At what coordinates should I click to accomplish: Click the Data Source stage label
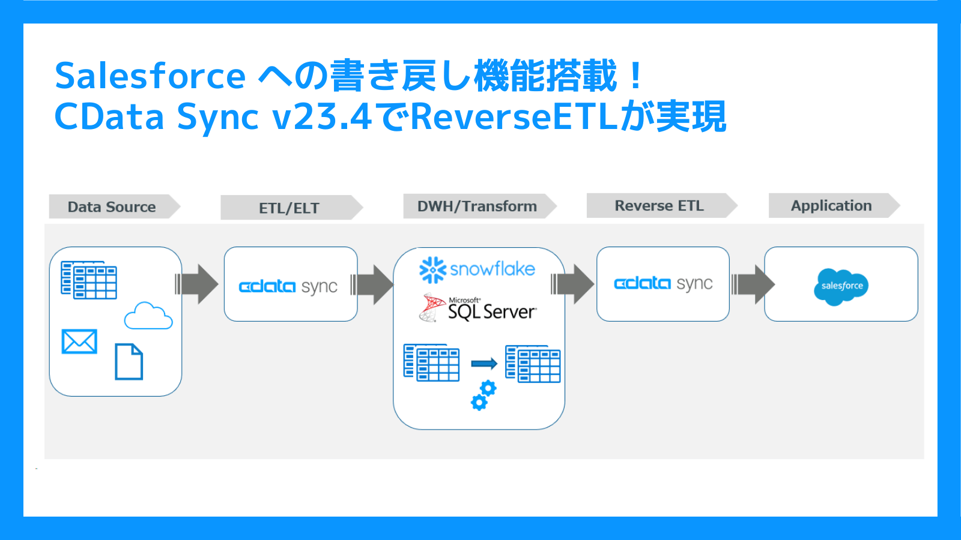pos(112,207)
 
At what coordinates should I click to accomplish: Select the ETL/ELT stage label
pos(289,208)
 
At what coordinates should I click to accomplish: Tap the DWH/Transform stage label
pos(477,206)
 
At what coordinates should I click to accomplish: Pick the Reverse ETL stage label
pos(659,206)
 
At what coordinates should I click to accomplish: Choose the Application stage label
pos(831,206)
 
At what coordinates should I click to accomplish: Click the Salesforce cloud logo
pos(841,286)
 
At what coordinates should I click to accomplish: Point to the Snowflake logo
pos(477,269)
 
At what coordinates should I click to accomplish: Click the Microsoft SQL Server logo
pos(478,308)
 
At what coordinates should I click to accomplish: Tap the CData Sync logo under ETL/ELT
pos(288,287)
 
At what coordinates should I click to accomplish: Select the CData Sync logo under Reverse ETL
pos(663,283)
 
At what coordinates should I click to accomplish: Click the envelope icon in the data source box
pos(79,341)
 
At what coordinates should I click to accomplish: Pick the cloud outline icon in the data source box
pos(148,316)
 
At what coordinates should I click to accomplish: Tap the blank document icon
pos(129,362)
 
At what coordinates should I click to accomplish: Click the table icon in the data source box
pos(89,280)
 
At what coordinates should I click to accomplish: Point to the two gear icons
pos(483,395)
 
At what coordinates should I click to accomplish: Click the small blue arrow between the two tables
pos(484,364)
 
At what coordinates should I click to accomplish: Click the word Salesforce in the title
pos(150,76)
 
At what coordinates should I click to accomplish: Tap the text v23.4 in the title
pos(322,117)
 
